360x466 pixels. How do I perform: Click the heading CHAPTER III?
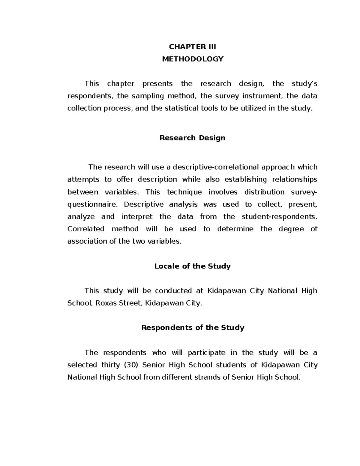click(192, 47)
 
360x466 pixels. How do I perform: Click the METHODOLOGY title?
click(193, 59)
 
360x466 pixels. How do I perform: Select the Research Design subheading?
click(192, 138)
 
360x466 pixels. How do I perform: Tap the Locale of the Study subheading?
click(192, 266)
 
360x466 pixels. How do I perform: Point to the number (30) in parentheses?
click(130, 365)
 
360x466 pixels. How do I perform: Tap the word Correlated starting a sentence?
click(85, 229)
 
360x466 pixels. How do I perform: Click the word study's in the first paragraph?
click(304, 84)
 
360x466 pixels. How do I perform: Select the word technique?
click(184, 192)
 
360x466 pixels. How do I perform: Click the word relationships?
click(294, 179)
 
